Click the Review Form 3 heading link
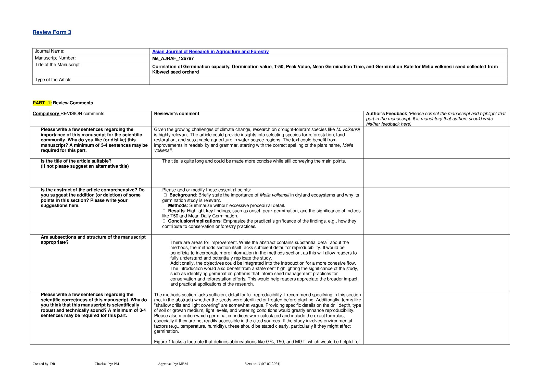tap(52, 32)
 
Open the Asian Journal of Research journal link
tap(210, 52)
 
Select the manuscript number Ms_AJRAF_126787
tap(173, 58)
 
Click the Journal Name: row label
tap(49, 51)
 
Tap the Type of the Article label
tap(53, 80)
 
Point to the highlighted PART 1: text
tap(42, 103)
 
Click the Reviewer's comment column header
tap(177, 114)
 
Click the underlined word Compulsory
tap(46, 114)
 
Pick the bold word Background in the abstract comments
tap(182, 195)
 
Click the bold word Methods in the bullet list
tap(177, 205)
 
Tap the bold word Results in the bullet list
tap(176, 211)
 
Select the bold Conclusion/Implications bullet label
tap(194, 221)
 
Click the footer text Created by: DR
tap(44, 364)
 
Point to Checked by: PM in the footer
tap(107, 364)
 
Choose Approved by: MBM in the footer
tap(173, 364)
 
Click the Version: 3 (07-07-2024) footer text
tap(262, 364)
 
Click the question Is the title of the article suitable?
tap(76, 161)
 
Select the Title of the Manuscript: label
tap(58, 65)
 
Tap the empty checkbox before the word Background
tap(165, 195)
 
